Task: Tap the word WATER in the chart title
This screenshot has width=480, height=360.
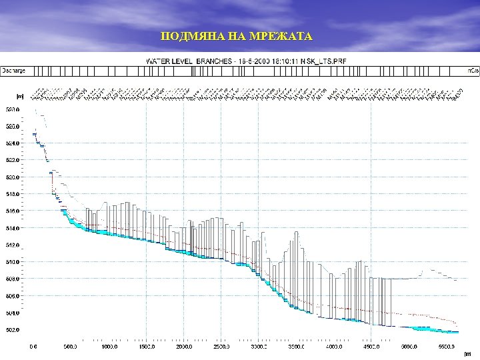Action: pos(158,61)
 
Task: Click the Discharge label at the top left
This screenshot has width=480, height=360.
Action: pos(14,70)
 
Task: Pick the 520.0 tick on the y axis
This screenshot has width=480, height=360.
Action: pos(13,177)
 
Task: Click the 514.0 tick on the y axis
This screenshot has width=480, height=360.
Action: pos(13,228)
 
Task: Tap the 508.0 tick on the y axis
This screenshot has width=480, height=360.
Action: pos(13,279)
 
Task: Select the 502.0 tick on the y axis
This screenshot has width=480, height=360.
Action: pos(13,329)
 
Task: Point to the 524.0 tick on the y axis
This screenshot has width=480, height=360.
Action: pos(13,143)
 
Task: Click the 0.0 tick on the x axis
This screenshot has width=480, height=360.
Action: pos(33,347)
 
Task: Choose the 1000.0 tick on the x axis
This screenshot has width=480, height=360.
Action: pos(109,347)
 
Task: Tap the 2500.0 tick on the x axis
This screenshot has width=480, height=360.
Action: pos(222,347)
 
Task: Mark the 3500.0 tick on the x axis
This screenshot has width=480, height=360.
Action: pos(297,347)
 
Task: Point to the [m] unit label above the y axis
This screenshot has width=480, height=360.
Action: pos(20,96)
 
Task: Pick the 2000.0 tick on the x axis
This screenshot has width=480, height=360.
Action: pos(184,347)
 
